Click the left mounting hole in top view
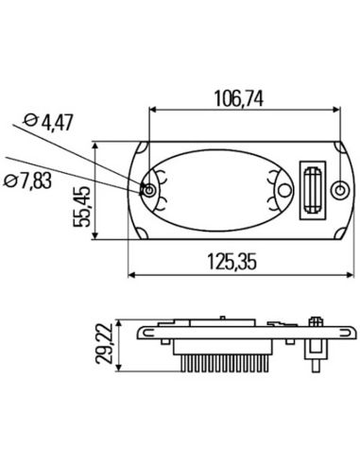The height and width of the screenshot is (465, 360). pyautogui.click(x=150, y=192)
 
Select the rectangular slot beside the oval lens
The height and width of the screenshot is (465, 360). pyautogui.click(x=311, y=192)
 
